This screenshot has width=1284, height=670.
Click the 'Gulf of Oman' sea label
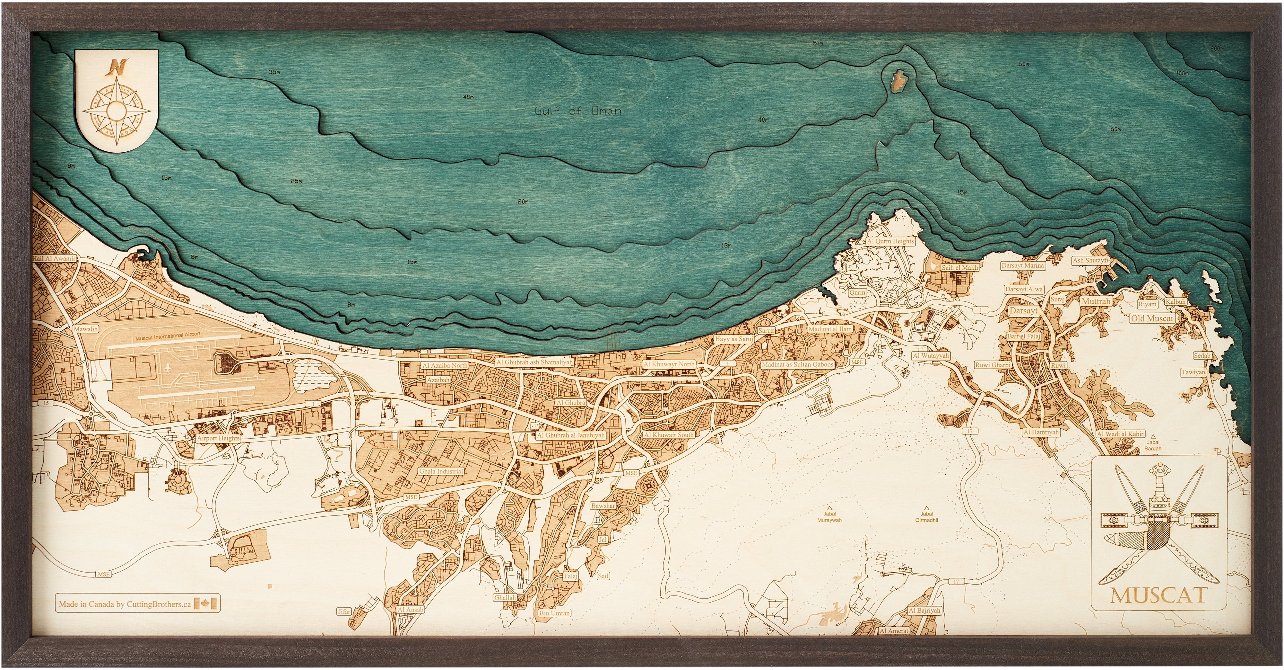tap(578, 111)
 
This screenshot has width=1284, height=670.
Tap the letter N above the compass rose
tap(117, 67)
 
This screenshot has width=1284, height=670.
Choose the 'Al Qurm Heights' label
tap(890, 241)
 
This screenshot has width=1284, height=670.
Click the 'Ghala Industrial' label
tap(441, 471)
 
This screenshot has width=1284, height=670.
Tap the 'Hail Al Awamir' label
tap(54, 258)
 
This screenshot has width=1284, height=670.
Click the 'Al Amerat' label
tap(894, 630)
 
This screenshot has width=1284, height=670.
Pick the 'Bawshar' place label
tap(603, 505)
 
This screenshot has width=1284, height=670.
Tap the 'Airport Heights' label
tap(218, 438)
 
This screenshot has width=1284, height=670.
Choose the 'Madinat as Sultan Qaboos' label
tap(797, 364)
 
